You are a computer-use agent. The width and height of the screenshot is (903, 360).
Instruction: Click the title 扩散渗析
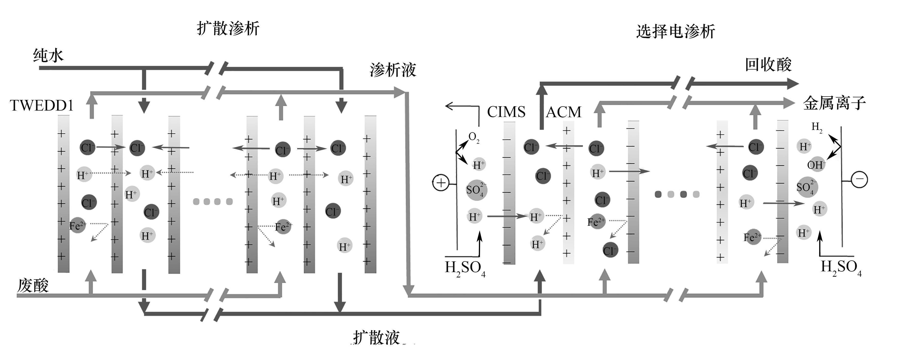point(228,28)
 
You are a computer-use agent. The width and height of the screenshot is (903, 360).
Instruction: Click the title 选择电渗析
point(675,32)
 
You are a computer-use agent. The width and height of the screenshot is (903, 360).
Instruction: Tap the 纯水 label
point(48,55)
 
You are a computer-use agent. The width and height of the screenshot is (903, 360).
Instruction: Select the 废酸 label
point(33,285)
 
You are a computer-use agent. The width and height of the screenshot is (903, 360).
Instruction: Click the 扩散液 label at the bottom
point(376,338)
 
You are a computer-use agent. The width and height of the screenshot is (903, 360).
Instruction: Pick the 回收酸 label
point(768,64)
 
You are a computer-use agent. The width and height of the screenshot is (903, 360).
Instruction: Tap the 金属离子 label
point(834,103)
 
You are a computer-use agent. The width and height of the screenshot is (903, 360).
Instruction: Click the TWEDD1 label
point(41,105)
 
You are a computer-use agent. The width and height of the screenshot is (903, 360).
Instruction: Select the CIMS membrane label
point(506,112)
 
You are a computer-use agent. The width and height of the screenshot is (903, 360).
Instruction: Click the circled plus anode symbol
point(441,183)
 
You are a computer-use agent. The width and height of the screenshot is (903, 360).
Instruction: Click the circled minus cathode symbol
point(859,179)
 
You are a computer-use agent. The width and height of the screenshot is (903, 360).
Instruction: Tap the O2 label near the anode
point(474,137)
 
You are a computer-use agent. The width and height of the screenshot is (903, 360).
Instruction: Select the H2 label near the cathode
point(817,127)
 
